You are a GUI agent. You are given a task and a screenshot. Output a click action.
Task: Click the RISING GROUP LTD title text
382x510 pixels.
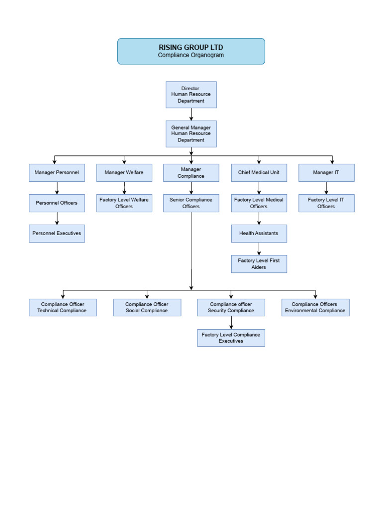pos(191,47)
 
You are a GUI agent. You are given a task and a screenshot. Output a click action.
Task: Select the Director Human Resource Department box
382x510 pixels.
pos(191,95)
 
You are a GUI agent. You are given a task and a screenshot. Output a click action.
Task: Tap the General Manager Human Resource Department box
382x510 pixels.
pos(191,133)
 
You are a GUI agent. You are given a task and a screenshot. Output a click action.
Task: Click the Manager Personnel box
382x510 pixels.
pos(57,173)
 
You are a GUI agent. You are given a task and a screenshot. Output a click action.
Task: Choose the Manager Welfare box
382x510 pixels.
pos(124,173)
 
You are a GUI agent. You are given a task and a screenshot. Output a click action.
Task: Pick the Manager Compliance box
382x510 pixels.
pos(191,173)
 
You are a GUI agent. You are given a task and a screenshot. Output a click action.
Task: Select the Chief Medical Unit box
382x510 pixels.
pos(259,173)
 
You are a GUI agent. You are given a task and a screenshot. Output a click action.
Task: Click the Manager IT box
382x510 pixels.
pos(326,173)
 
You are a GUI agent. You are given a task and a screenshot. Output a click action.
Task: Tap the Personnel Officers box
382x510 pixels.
pos(57,203)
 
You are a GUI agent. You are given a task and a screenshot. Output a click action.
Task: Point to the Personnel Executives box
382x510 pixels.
pos(57,234)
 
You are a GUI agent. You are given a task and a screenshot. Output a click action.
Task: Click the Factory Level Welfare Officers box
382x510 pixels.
pos(124,203)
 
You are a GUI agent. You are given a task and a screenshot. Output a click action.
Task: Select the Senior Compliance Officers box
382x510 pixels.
pos(191,203)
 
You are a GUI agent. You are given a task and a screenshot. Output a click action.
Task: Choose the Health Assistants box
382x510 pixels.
pos(259,234)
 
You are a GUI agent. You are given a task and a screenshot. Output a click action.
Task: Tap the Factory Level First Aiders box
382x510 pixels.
pos(259,264)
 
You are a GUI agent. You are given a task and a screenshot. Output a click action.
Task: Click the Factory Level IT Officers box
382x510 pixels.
pos(326,203)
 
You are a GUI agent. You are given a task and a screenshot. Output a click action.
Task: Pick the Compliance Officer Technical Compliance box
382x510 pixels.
pos(63,307)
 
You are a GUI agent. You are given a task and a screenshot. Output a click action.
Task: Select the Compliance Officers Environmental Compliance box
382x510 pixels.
pos(315,307)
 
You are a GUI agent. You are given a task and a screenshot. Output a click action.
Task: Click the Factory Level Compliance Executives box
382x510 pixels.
pos(231,338)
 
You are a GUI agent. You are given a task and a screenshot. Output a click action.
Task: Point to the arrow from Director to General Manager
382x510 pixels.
pos(191,114)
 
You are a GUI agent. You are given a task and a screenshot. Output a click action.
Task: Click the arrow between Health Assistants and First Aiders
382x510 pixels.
pos(259,249)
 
